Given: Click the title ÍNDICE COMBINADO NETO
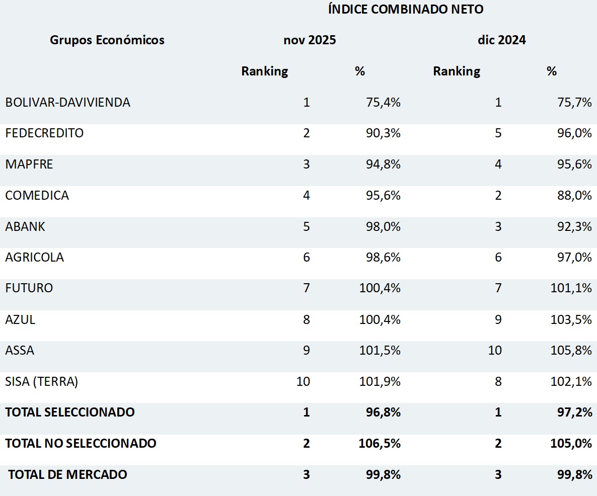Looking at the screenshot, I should point(406,10).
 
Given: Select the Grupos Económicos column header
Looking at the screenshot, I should point(107,40).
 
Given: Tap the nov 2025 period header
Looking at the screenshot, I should point(310,40).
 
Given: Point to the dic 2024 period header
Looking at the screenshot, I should point(502,40).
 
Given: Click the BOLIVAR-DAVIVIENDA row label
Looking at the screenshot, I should point(68,102).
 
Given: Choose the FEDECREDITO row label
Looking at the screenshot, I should point(44,133).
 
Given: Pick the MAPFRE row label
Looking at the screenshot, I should point(29,164).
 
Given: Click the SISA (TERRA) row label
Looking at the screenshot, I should point(42,381).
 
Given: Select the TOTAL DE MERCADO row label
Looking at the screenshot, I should point(68,474).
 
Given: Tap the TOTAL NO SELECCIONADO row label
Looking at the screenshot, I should point(81,443).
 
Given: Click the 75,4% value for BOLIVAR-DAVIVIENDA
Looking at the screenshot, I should point(383,103).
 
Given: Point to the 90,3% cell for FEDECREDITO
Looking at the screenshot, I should point(383,133).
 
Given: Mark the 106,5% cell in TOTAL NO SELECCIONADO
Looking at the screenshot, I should point(380,443).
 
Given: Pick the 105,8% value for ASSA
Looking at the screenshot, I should point(571,350).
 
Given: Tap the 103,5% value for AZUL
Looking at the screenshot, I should point(571,319).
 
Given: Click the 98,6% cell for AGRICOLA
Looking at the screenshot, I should point(383,258).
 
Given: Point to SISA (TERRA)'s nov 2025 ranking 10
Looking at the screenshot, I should point(304,381).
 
